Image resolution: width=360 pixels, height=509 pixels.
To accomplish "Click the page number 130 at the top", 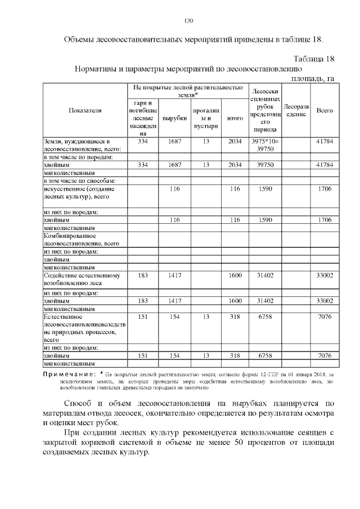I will [x=189, y=21].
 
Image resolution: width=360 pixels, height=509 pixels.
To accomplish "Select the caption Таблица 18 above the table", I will [x=314, y=59].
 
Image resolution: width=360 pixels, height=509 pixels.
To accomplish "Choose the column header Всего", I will [x=325, y=111].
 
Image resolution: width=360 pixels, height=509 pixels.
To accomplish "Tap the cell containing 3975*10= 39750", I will [x=264, y=145].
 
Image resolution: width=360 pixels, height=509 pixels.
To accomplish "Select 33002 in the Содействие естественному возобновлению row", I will [x=325, y=276].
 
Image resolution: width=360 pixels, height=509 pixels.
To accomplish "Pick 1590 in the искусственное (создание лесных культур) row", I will [x=264, y=189].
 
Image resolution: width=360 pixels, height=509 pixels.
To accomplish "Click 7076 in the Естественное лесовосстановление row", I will [x=325, y=317].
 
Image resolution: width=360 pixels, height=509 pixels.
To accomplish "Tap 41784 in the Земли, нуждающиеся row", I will [x=325, y=141].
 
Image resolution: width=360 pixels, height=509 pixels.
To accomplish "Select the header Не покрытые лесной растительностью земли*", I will [x=188, y=92].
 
